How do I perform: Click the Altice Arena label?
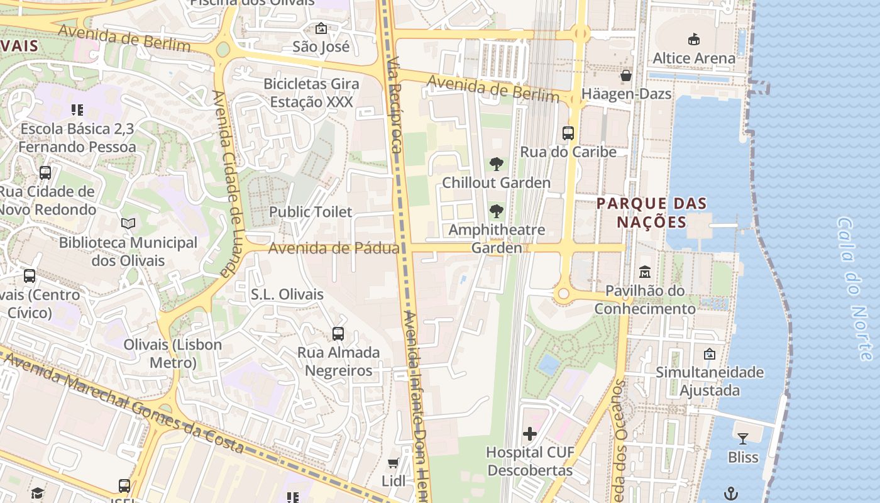point(694,58)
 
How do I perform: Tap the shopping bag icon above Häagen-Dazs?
point(626,76)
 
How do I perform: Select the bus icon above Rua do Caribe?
point(568,133)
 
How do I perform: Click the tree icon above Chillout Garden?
point(497,165)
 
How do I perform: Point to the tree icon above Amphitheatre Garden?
point(497,211)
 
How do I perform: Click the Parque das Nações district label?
point(652,213)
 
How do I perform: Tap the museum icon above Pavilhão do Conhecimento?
point(645,272)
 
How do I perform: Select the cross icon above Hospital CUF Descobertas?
point(530,433)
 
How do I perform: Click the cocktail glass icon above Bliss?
point(743,438)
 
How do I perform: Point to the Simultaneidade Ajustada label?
point(710,381)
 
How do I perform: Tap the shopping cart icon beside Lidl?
point(393,463)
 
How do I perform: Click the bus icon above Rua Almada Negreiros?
point(338,334)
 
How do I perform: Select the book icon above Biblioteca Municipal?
point(128,224)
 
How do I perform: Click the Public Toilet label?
point(311,212)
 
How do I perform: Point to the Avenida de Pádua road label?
point(333,248)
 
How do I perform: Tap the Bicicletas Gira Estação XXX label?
point(311,92)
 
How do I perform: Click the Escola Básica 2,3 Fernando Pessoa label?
point(77,138)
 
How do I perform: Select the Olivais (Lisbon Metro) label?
point(173,353)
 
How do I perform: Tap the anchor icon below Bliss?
point(730,493)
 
